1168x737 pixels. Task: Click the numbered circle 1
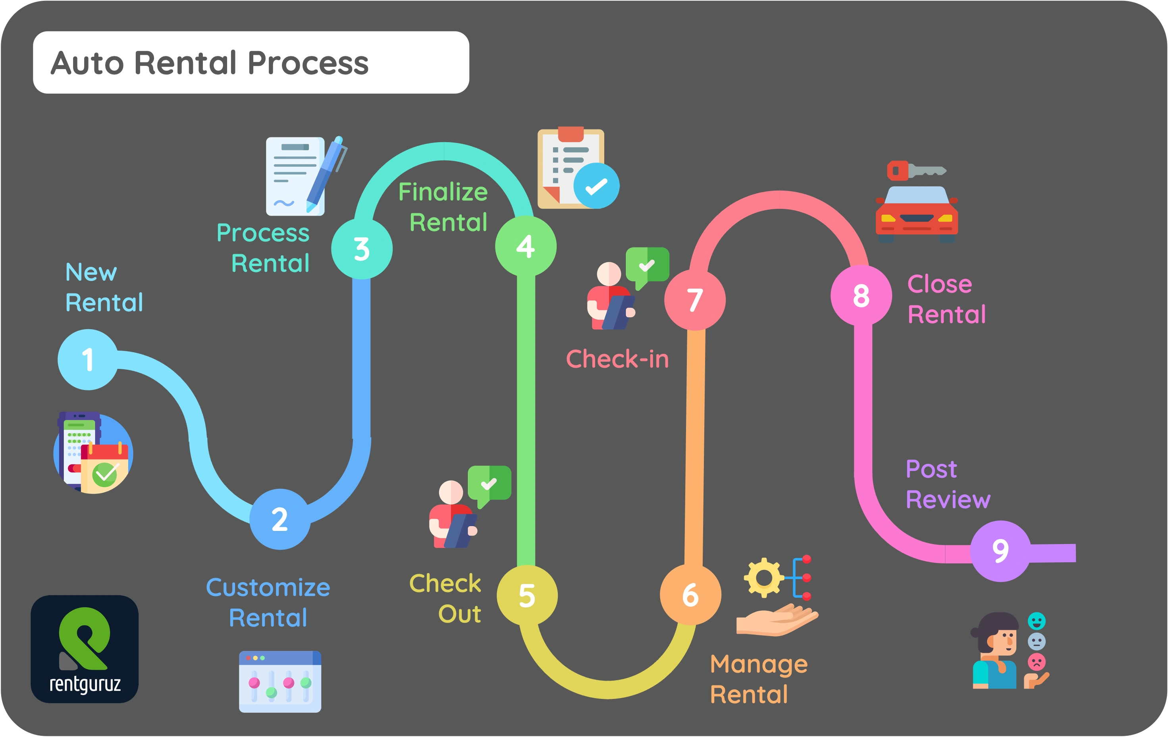coord(88,359)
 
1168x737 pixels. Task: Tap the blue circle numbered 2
coord(280,519)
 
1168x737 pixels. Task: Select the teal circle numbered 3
coord(362,249)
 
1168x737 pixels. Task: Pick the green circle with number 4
coord(526,247)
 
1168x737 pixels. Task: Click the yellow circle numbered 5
coord(527,595)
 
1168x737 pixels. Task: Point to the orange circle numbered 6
coord(690,595)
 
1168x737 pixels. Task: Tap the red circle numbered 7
coord(695,300)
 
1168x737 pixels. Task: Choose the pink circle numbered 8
coord(861,295)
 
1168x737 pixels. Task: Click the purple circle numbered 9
coord(1000,551)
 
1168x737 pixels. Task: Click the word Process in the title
coord(308,63)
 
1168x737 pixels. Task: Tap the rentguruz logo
coord(85,649)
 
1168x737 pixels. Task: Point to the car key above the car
coord(916,171)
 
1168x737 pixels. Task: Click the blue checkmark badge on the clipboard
coord(596,186)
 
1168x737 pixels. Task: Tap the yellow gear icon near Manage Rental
coord(763,577)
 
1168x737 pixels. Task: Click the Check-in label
coord(617,359)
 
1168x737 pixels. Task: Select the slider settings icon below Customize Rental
coord(280,681)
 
